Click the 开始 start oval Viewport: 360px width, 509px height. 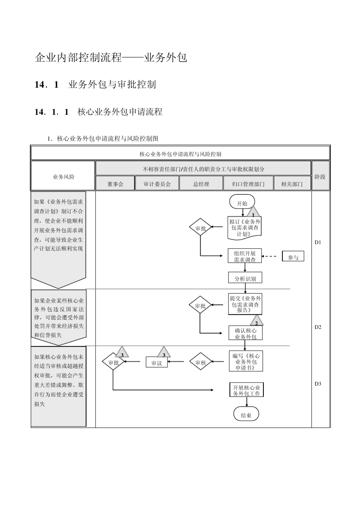[242, 203]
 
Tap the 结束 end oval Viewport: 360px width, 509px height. [246, 415]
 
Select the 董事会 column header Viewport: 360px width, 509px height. [115, 184]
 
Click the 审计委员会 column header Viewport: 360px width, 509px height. [157, 184]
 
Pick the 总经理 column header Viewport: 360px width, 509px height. [201, 184]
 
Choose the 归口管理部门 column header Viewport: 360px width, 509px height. [248, 184]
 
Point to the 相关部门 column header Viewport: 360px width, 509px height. [292, 184]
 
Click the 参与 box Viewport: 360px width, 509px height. [293, 257]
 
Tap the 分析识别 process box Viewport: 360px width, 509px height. [245, 278]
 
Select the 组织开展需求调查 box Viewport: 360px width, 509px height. [245, 256]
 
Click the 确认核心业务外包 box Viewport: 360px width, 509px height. [246, 333]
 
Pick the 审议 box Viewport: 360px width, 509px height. [157, 363]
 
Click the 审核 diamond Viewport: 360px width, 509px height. [200, 362]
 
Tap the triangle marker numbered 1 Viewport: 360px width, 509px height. [253, 214]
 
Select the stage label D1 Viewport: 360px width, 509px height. [318, 242]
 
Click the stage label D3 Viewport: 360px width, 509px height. [318, 384]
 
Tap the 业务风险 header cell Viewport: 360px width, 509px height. [63, 176]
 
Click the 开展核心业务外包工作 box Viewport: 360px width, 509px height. [246, 390]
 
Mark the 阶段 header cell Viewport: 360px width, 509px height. [320, 176]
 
